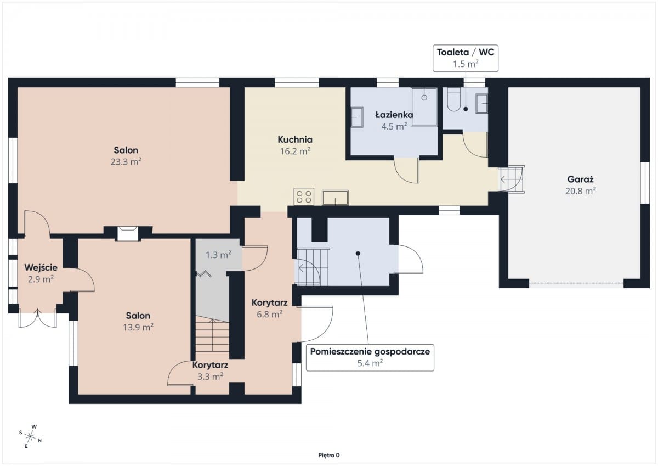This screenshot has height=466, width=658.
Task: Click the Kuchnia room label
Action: [295, 139]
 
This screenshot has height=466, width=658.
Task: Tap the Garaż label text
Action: [581, 179]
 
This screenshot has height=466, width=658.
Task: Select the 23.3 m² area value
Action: [126, 162]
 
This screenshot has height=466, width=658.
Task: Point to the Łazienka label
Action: [394, 115]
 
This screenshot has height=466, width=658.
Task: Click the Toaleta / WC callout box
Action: [466, 58]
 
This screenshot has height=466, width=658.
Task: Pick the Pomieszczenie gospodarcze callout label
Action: [370, 357]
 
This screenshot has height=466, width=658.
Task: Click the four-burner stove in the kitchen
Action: [304, 196]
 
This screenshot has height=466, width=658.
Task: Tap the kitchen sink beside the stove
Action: [335, 198]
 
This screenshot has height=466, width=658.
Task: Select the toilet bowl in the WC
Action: [454, 100]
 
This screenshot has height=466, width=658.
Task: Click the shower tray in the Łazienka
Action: [424, 107]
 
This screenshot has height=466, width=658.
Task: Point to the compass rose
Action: [30, 436]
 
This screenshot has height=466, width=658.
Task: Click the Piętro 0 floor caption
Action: [328, 455]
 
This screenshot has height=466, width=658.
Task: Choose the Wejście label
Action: [41, 267]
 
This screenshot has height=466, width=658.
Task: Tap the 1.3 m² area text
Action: [218, 255]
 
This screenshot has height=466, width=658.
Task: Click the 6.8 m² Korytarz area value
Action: [270, 314]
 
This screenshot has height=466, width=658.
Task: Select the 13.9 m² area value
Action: [138, 327]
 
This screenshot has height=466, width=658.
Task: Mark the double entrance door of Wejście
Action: [38, 319]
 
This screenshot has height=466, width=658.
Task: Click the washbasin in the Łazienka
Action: [357, 117]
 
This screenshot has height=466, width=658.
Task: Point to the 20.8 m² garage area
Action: [581, 191]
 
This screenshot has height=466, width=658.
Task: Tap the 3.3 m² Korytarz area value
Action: [211, 377]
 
